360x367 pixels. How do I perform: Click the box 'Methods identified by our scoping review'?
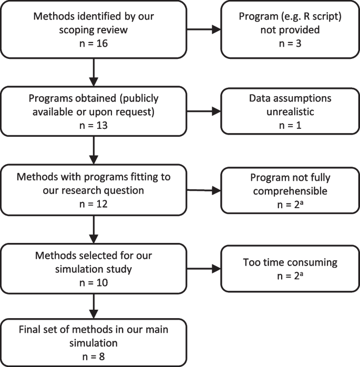(93, 28)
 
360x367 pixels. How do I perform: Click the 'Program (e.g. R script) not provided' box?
(290, 28)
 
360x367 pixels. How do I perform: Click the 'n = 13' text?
(93, 125)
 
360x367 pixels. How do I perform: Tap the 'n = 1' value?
(290, 125)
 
